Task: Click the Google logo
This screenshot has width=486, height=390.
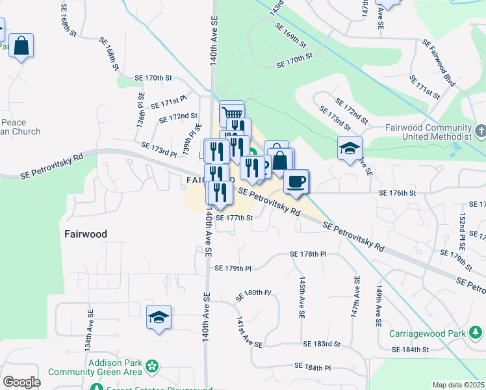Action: click(x=21, y=382)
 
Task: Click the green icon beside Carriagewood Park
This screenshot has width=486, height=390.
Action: click(x=476, y=333)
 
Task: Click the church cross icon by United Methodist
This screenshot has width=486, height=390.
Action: click(x=479, y=133)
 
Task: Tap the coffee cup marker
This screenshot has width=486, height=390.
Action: click(x=296, y=181)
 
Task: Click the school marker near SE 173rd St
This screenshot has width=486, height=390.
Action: click(x=350, y=149)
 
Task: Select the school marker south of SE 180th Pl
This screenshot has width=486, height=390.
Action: click(x=159, y=318)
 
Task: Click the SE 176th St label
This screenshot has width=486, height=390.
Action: click(x=396, y=193)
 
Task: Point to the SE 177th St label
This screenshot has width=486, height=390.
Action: click(x=234, y=218)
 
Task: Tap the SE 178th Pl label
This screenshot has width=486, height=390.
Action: click(x=308, y=254)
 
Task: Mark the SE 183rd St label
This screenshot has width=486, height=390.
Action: click(x=322, y=344)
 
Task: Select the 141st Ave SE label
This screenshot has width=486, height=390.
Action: click(x=249, y=333)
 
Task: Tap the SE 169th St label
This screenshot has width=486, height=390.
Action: click(x=290, y=35)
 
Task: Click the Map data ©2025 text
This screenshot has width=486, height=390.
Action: click(x=458, y=385)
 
